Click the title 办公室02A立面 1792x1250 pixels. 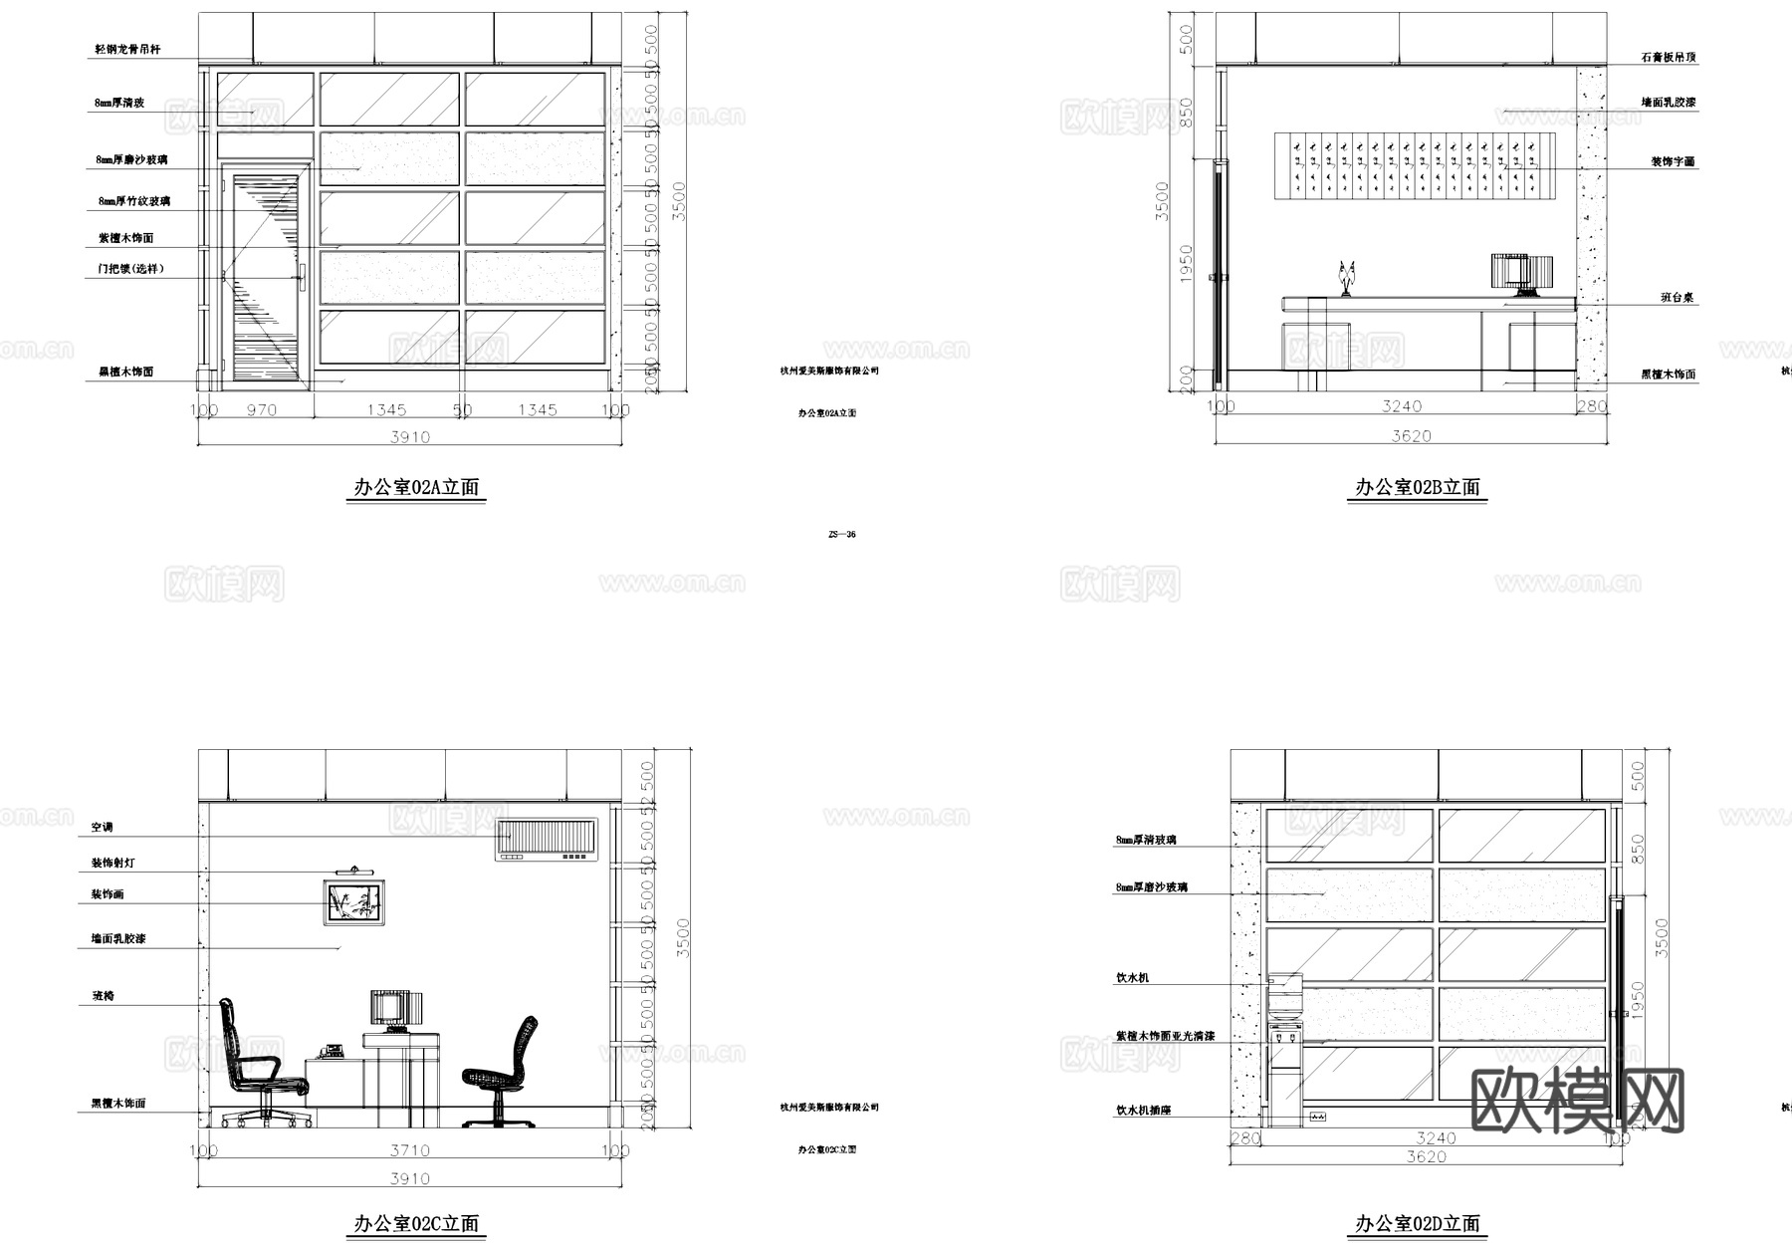[416, 487]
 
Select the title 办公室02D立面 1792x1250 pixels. [1417, 1223]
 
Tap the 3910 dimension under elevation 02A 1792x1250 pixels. [409, 436]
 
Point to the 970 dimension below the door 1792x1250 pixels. [261, 409]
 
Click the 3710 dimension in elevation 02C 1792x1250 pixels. [409, 1150]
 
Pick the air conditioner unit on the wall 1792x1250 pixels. [548, 839]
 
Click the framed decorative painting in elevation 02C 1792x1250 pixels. [355, 903]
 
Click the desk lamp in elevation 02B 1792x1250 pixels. [1522, 275]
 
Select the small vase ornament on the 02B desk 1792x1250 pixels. [1347, 278]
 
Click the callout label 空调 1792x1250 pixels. [103, 828]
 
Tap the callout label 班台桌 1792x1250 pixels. [1677, 298]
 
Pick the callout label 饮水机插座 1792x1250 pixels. [1143, 1110]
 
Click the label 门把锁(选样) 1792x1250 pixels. [130, 269]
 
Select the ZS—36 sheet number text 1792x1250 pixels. [841, 534]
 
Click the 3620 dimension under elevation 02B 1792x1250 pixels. [1411, 436]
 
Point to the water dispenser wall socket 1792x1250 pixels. [1318, 1117]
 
